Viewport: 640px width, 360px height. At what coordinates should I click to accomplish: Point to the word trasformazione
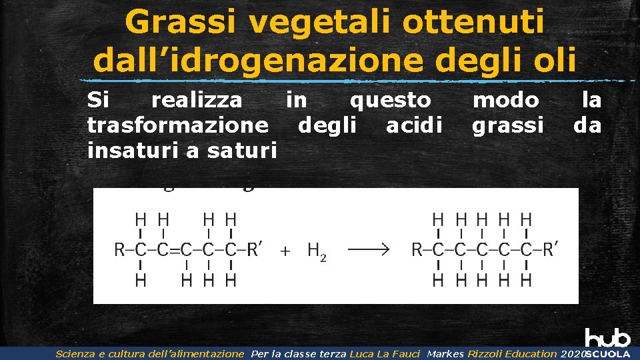pos(178,125)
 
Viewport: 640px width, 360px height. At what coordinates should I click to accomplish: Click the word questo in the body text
pos(391,100)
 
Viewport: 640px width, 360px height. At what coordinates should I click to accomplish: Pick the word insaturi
pos(133,151)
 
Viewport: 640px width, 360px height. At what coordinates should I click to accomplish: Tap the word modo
pos(506,100)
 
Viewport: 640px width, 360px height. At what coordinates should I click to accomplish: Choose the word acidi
pos(414,125)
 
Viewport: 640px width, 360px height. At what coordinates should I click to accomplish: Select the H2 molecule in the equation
pos(317,251)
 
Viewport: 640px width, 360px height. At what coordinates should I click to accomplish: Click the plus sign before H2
pos(285,251)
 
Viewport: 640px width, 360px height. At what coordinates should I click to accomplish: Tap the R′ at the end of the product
pos(550,250)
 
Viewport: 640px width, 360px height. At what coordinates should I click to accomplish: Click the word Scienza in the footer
pos(75,354)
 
